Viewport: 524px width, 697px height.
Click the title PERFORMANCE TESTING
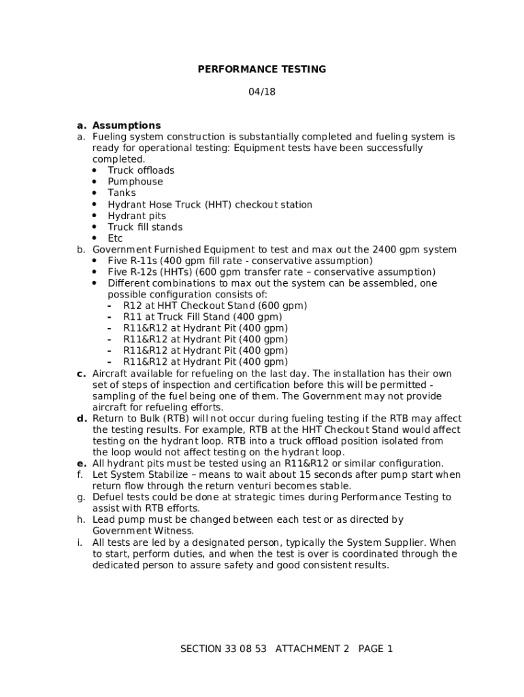point(261,69)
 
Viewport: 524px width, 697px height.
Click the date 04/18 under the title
point(262,92)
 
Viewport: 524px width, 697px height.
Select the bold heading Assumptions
point(127,125)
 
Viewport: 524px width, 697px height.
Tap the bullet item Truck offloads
point(141,170)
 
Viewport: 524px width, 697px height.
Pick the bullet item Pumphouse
point(135,182)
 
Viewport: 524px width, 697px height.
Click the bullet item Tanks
point(122,193)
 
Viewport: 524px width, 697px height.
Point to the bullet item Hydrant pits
point(137,216)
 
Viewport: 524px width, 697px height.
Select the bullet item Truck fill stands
point(145,227)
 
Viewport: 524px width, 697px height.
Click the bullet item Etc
point(115,238)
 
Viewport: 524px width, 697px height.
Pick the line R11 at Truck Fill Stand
point(202,317)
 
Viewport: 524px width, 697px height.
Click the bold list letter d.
point(81,419)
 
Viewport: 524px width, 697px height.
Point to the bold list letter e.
point(81,464)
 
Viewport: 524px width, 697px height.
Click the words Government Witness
point(143,531)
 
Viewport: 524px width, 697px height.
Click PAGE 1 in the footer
point(375,649)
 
